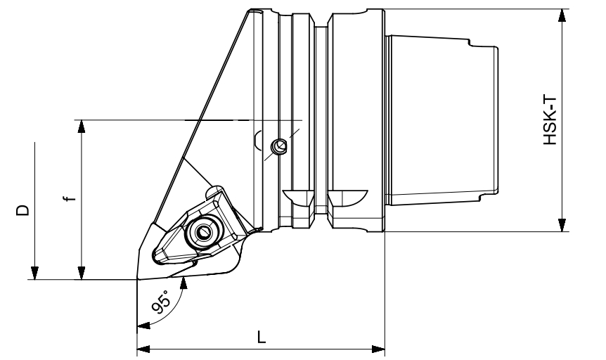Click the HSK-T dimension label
pyautogui.click(x=550, y=121)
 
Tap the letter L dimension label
pyautogui.click(x=262, y=337)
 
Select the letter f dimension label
pyautogui.click(x=70, y=198)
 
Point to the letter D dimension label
pyautogui.click(x=22, y=210)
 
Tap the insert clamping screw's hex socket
pyautogui.click(x=202, y=233)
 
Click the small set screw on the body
pyautogui.click(x=278, y=146)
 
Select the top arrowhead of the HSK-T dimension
pyautogui.click(x=562, y=15)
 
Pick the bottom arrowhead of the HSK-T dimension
pyautogui.click(x=562, y=225)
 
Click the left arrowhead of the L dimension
pyautogui.click(x=144, y=349)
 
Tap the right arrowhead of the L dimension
pyautogui.click(x=378, y=349)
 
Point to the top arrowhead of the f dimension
pyautogui.click(x=81, y=127)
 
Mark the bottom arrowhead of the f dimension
pyautogui.click(x=81, y=273)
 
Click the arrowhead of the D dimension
pyautogui.click(x=34, y=273)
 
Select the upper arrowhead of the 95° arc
pyautogui.click(x=183, y=283)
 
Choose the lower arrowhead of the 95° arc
pyautogui.click(x=144, y=326)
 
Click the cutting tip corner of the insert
pyautogui.click(x=137, y=279)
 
